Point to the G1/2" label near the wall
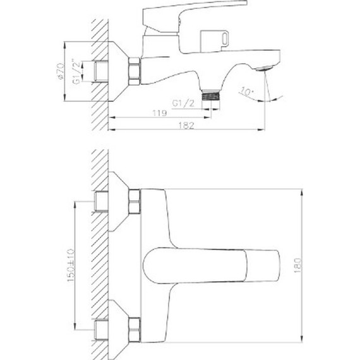(x=76, y=69)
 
